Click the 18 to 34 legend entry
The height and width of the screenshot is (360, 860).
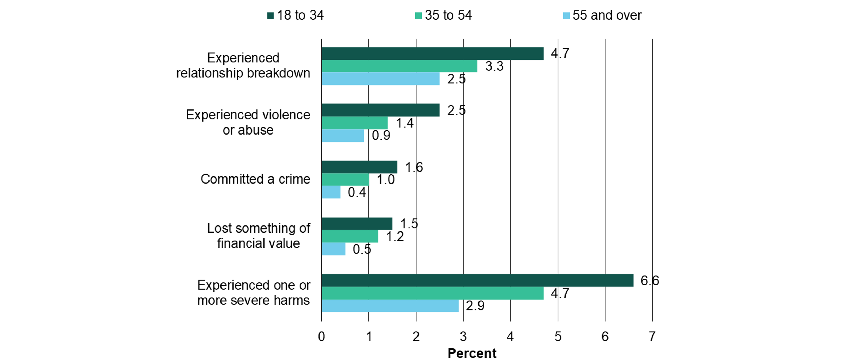pos(296,15)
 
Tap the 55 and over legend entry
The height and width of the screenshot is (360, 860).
pos(603,15)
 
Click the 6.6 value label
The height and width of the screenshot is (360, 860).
pos(649,281)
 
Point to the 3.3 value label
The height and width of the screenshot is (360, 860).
pos(494,66)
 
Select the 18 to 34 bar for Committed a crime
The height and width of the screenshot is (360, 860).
pos(359,167)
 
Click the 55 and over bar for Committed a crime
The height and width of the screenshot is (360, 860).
pos(331,192)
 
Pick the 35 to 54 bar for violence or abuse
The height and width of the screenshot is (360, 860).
pos(354,123)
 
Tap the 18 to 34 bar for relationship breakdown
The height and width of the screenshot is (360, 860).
pos(432,53)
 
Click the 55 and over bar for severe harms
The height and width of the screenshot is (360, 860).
pos(390,306)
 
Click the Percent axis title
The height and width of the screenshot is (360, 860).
pos(472,353)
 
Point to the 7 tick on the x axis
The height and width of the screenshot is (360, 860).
pos(652,337)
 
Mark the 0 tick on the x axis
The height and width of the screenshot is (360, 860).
pos(322,337)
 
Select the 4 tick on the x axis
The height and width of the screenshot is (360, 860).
pos(510,337)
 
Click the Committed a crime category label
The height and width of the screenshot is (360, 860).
pos(255,179)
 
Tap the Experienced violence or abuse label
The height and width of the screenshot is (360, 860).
pos(248,122)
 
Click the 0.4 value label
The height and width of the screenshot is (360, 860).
pos(357,192)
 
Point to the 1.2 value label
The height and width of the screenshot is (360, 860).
pos(395,237)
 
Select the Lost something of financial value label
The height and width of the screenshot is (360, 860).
pos(259,236)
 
